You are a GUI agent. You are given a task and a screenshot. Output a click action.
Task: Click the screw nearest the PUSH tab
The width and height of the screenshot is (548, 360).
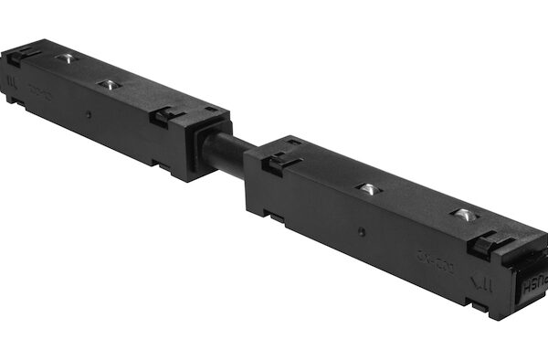tap(463, 215)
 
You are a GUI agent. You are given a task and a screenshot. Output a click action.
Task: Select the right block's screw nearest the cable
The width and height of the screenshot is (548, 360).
tap(366, 189)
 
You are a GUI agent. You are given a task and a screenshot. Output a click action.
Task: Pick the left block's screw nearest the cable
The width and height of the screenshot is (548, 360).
tap(109, 84)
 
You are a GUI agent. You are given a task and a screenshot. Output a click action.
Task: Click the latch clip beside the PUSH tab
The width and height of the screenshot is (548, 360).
tap(489, 242)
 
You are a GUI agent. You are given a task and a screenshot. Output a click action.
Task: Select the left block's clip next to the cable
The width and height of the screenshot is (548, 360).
tap(164, 116)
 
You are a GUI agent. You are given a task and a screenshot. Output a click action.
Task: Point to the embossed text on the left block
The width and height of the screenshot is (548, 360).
tap(38, 90)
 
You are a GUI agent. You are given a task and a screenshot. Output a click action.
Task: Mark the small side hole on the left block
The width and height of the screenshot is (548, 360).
tap(89, 115)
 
